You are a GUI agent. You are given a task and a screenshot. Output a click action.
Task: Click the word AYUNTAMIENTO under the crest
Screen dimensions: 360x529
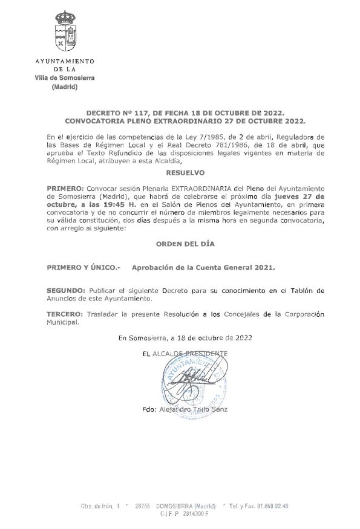pos(65,62)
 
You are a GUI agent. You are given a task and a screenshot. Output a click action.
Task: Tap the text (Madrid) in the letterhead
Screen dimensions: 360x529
pos(65,87)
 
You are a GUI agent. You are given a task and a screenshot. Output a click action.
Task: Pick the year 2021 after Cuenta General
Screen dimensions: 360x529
pos(263,267)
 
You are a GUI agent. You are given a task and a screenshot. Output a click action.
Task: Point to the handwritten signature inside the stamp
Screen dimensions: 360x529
pos(194,381)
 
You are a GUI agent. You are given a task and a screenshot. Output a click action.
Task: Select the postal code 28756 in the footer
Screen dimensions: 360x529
pos(142,505)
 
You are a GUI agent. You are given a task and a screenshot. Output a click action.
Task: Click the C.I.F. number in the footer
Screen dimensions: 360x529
pos(192,513)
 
